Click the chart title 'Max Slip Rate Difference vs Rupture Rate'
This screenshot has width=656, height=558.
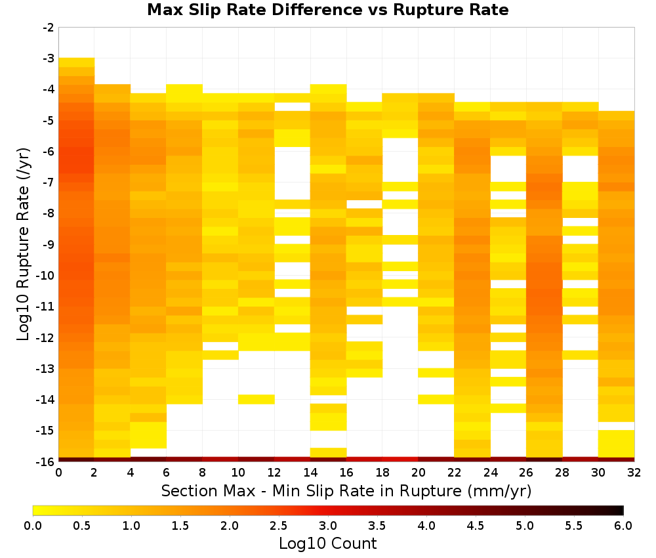click(327, 10)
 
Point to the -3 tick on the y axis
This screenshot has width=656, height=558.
click(49, 58)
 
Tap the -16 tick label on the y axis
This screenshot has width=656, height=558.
click(46, 461)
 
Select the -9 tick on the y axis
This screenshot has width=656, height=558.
click(49, 244)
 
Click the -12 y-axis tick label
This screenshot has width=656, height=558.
click(46, 337)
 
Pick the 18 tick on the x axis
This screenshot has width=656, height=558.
click(382, 473)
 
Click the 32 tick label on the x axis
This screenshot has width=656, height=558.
click(634, 473)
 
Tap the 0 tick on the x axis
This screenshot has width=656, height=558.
click(58, 473)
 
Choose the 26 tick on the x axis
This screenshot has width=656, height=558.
click(526, 473)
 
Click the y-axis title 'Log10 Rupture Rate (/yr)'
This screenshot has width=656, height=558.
click(24, 244)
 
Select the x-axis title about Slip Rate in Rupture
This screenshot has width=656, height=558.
click(346, 490)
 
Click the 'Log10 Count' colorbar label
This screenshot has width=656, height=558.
click(327, 544)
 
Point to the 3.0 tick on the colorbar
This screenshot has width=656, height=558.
click(328, 526)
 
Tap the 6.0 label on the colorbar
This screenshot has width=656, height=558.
click(623, 526)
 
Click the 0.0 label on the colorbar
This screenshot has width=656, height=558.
click(33, 526)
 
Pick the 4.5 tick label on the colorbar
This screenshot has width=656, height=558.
click(476, 526)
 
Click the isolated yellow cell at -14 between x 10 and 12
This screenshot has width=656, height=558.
click(256, 399)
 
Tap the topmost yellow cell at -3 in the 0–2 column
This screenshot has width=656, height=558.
click(77, 62)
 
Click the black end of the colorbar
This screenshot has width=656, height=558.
click(620, 510)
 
